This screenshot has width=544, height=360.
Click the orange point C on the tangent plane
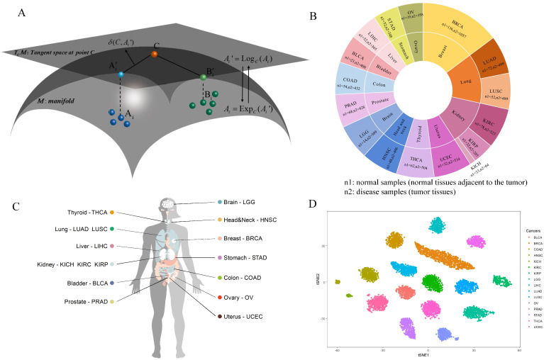click(x=154, y=53)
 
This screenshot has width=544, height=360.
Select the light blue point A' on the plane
click(x=121, y=74)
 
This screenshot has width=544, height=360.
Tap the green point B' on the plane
click(x=203, y=77)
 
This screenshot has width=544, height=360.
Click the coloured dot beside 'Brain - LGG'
click(x=221, y=203)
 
